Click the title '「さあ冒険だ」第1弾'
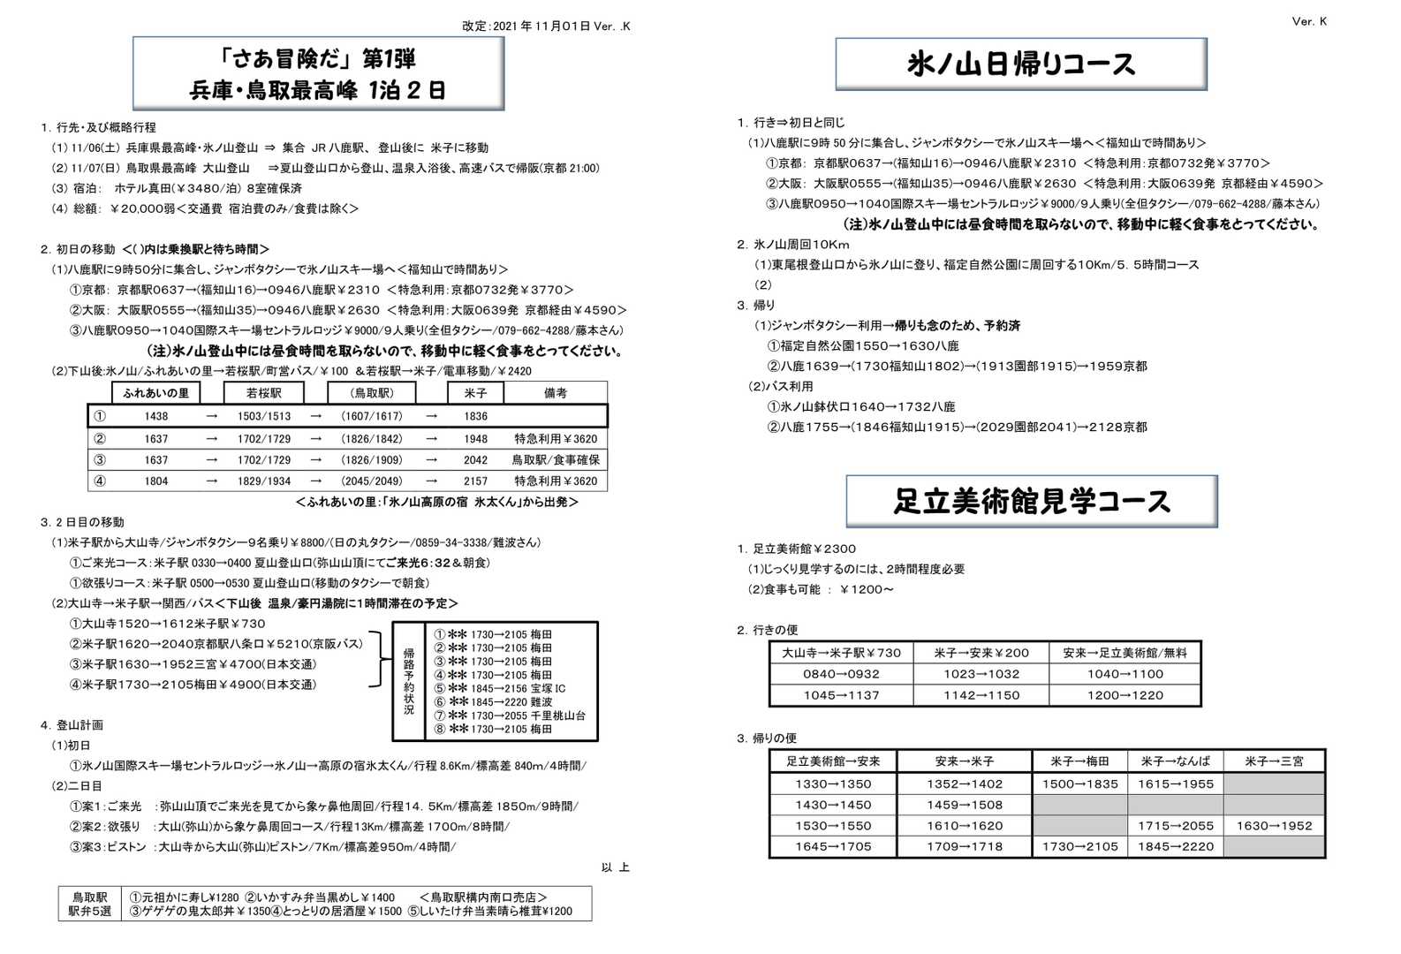[318, 59]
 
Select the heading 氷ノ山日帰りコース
[1021, 64]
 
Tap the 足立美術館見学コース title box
[1032, 502]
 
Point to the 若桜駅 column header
[263, 393]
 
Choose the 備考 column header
[556, 393]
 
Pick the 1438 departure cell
[156, 416]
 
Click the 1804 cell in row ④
[156, 481]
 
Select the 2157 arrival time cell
[475, 481]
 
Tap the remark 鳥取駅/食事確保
[556, 460]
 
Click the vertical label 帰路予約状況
[409, 681]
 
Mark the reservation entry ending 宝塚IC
[500, 688]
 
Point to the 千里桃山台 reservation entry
[510, 715]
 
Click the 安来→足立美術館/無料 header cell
[1125, 653]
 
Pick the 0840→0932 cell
[841, 674]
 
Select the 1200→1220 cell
[1125, 695]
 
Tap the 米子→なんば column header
[1175, 761]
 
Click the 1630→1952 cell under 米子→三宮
[1274, 826]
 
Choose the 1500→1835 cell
[1079, 784]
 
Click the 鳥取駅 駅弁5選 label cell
[90, 904]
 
